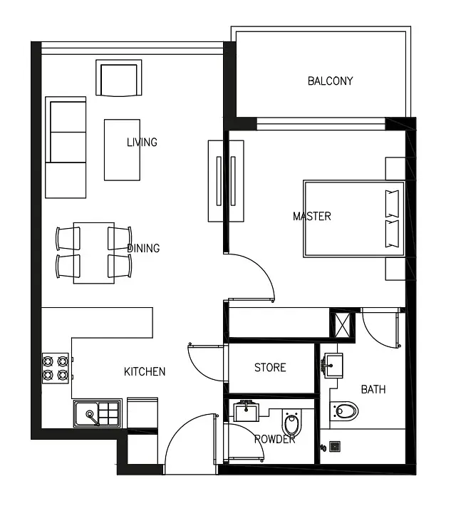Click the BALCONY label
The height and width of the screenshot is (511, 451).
pyautogui.click(x=330, y=81)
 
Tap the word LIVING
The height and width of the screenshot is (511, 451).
pyautogui.click(x=142, y=142)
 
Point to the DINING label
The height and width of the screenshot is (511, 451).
pyautogui.click(x=143, y=248)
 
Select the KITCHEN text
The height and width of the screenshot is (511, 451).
pyautogui.click(x=145, y=371)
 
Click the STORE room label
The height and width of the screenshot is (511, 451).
pyautogui.click(x=270, y=368)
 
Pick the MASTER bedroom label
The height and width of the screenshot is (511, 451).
pyautogui.click(x=312, y=217)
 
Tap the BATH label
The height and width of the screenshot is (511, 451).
pyautogui.click(x=373, y=389)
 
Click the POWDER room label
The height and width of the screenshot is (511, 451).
pyautogui.click(x=275, y=439)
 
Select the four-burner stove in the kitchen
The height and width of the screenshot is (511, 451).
pyautogui.click(x=56, y=368)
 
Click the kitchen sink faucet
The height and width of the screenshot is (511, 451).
pyautogui.click(x=92, y=418)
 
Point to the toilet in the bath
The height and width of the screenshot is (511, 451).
pyautogui.click(x=344, y=411)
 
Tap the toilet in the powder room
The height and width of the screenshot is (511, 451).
pyautogui.click(x=291, y=423)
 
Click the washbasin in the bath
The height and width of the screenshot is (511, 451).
pyautogui.click(x=333, y=366)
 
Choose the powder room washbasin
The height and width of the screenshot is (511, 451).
pyautogui.click(x=247, y=411)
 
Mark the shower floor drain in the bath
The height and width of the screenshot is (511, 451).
pyautogui.click(x=335, y=446)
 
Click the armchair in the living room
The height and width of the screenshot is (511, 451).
pyautogui.click(x=119, y=78)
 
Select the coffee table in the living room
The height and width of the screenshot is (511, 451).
pyautogui.click(x=123, y=150)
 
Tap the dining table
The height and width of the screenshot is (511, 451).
pyautogui.click(x=94, y=253)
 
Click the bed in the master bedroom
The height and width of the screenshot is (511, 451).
pyautogui.click(x=354, y=219)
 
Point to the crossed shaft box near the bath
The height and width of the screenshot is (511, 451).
pyautogui.click(x=342, y=324)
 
